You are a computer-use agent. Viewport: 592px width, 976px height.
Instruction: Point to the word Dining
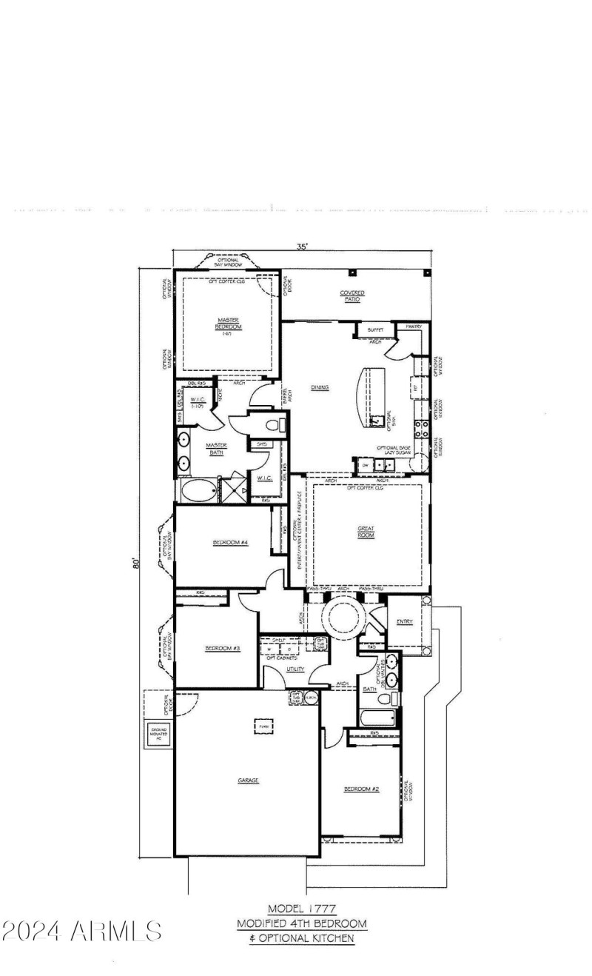320,387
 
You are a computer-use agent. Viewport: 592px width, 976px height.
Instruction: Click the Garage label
248,780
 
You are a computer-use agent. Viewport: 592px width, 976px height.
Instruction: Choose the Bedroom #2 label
361,789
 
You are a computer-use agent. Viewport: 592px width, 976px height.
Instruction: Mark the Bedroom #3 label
222,649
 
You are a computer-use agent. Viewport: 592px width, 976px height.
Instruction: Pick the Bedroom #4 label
229,543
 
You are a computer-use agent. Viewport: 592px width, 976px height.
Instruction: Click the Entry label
404,621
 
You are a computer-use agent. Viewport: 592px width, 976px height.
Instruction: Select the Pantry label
413,327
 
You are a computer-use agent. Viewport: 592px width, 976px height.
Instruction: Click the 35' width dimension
302,247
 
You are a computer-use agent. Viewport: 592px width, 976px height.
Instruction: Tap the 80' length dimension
136,564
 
